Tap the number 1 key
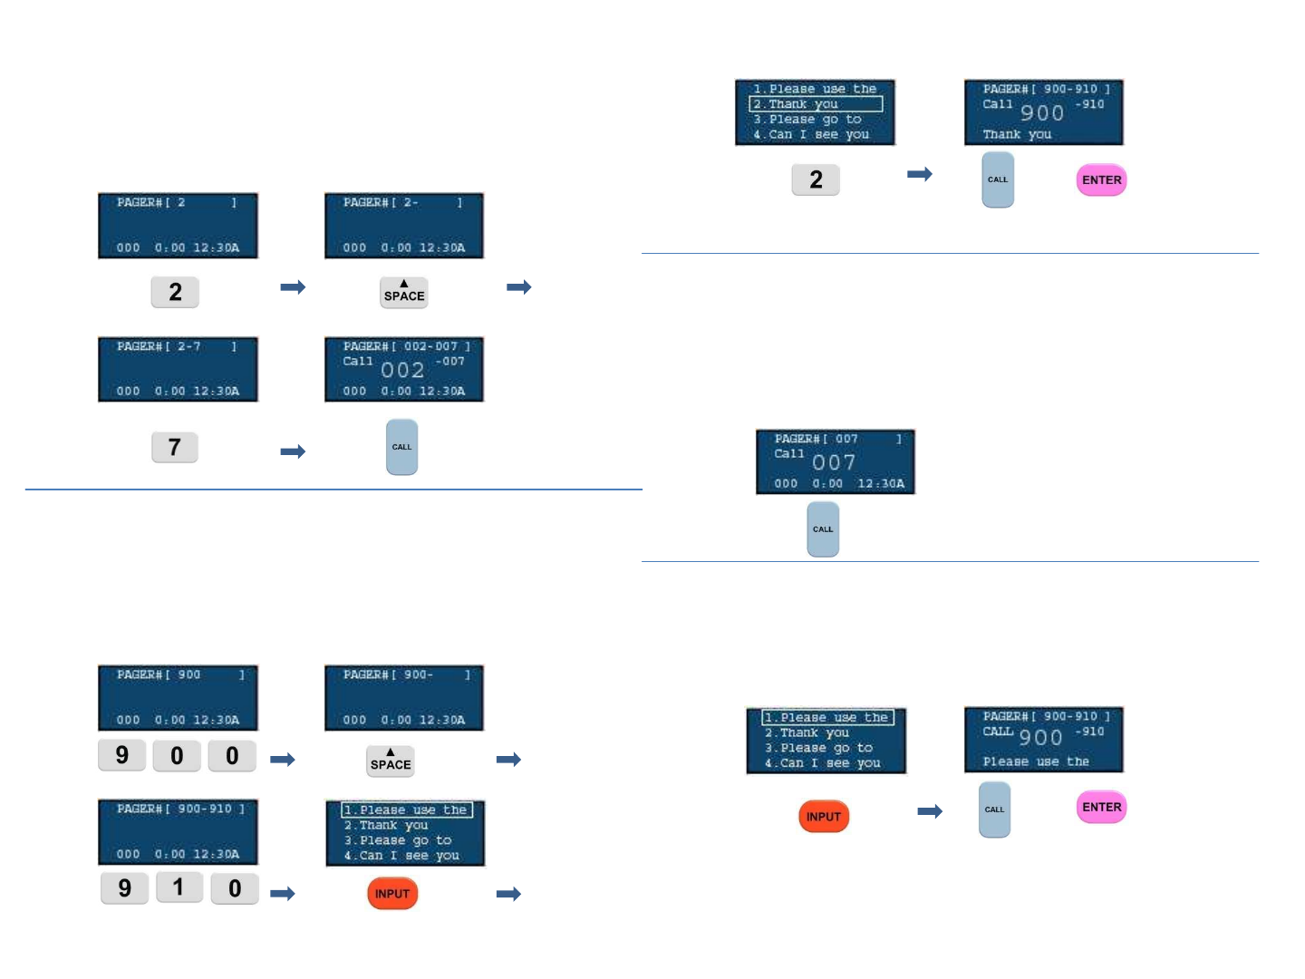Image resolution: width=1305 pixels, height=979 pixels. (179, 887)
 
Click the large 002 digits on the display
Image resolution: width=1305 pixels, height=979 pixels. (402, 370)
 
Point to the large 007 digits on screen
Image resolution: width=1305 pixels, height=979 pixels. (834, 462)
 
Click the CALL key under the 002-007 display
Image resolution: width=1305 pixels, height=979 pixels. (401, 447)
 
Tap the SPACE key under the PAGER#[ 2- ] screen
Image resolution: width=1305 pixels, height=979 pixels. (404, 293)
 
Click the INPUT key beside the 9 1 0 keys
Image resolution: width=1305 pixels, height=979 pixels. (392, 894)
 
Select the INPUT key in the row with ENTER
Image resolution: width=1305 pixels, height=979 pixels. (824, 817)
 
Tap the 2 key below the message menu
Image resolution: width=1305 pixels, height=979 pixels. (816, 179)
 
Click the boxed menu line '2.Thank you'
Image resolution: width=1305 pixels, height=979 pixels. (816, 104)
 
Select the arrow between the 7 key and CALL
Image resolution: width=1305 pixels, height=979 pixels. (293, 451)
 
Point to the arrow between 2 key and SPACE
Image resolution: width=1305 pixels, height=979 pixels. (293, 287)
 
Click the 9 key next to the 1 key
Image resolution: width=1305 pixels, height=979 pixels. (125, 888)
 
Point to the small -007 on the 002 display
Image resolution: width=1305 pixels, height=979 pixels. (450, 361)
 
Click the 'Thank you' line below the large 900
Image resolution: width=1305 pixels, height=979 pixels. (1017, 134)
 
